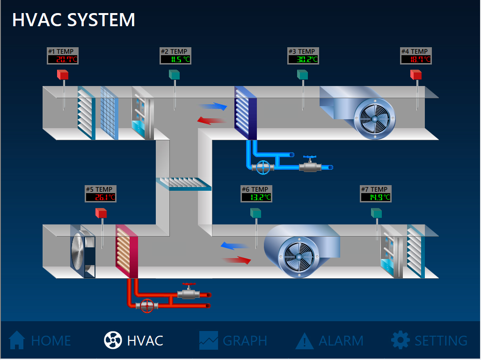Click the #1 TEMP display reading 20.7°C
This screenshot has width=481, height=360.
pos(62,59)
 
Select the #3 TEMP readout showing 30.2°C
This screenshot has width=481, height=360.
pos(303,59)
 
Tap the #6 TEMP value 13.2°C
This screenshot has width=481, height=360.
pos(256,197)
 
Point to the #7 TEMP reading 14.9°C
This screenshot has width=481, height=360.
pos(376,197)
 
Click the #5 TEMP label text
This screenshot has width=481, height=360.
pos(99,189)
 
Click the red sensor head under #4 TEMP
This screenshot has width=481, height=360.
pos(416,74)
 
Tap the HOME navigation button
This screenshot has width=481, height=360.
pos(40,340)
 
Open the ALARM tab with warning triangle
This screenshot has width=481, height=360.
pos(329,340)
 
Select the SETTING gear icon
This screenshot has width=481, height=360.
pos(400,340)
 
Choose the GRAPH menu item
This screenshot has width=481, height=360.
pos(233,340)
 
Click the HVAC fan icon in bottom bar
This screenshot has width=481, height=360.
pos(113,340)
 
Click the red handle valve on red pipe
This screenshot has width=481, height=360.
pos(189,292)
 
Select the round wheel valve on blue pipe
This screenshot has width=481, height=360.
pos(264,167)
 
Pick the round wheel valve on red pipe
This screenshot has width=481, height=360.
pos(147,306)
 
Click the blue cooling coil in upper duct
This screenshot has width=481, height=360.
pos(245,112)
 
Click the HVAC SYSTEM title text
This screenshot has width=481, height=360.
pos(73,20)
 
